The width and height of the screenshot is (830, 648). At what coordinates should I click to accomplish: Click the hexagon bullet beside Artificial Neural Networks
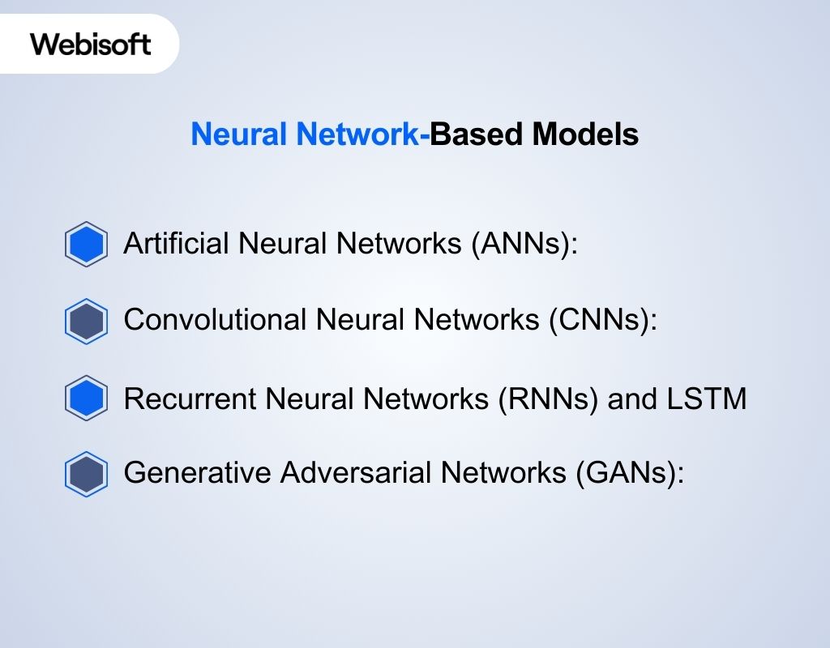click(86, 244)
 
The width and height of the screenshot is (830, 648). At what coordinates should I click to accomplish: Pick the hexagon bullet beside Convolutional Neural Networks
click(86, 322)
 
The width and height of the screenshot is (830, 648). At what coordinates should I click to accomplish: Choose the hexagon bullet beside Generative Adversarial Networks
click(86, 475)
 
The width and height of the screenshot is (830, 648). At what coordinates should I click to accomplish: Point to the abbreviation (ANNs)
click(524, 243)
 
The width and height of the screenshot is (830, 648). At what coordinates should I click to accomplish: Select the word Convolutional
click(215, 321)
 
